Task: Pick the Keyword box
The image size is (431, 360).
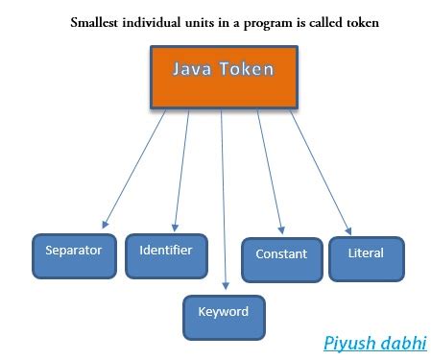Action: pyautogui.click(x=224, y=312)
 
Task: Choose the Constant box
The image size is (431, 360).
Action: pyautogui.click(x=281, y=255)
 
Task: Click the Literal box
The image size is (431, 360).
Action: pyautogui.click(x=366, y=254)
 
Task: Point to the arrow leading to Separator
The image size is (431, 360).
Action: pyautogui.click(x=134, y=168)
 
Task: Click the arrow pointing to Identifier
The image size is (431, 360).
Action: pyautogui.click(x=185, y=168)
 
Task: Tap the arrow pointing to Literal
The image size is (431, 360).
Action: pyautogui.click(x=319, y=173)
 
